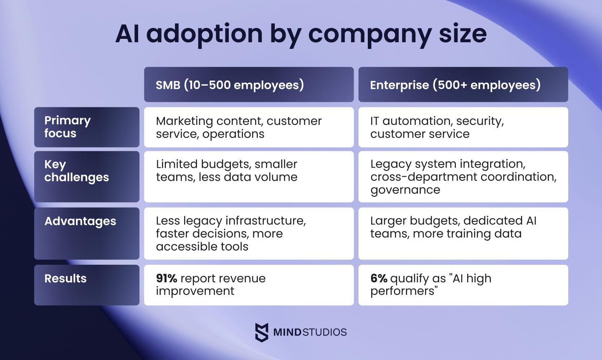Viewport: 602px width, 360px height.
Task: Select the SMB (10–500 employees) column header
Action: pyautogui.click(x=248, y=85)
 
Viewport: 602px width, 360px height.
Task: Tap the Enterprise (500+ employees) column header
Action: pyautogui.click(x=463, y=85)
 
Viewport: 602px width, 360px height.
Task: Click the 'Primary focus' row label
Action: pyautogui.click(x=86, y=127)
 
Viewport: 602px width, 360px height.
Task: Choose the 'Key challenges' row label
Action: pyautogui.click(x=86, y=176)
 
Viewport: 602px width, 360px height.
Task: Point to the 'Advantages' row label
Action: pyautogui.click(x=86, y=233)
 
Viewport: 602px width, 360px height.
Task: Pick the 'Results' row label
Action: pyautogui.click(x=86, y=284)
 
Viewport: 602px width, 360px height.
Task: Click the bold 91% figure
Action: pyautogui.click(x=167, y=278)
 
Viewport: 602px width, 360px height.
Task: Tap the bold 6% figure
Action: pyautogui.click(x=379, y=278)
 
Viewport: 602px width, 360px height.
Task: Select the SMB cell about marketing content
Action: pyautogui.click(x=248, y=127)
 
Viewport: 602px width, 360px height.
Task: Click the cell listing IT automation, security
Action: pyautogui.click(x=463, y=127)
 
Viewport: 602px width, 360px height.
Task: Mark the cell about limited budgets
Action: pyautogui.click(x=248, y=176)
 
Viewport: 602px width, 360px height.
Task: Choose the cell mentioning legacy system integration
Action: pyautogui.click(x=463, y=176)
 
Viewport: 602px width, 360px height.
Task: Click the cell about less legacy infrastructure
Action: pyautogui.click(x=248, y=233)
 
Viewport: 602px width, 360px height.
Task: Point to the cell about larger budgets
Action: pyautogui.click(x=463, y=233)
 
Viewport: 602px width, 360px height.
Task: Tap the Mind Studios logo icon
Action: pyautogui.click(x=262, y=332)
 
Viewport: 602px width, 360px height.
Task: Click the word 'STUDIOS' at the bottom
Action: pyautogui.click(x=324, y=332)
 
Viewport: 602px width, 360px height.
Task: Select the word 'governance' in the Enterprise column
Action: pyautogui.click(x=405, y=190)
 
